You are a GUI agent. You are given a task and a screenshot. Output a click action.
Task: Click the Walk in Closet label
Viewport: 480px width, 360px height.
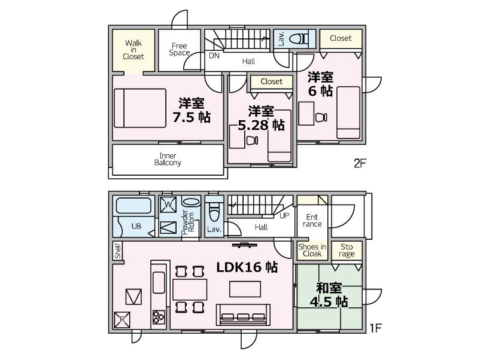[x=133, y=50]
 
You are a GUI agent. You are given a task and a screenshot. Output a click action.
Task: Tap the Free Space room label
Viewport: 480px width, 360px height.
[x=180, y=49]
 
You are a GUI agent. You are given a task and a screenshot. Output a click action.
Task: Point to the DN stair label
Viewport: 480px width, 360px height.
[x=214, y=56]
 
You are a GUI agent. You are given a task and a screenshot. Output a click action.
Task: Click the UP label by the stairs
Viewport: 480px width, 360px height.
[x=284, y=216]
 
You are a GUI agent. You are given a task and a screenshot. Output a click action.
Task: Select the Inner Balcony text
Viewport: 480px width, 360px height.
[x=168, y=159]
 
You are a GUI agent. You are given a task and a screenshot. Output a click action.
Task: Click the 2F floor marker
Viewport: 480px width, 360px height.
[x=360, y=163]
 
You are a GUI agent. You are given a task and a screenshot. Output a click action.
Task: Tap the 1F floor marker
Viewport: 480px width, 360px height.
[x=375, y=328]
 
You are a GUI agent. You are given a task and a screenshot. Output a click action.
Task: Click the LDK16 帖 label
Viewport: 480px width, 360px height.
[x=247, y=267]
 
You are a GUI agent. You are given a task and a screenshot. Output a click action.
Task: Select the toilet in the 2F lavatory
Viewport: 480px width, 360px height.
[x=299, y=39]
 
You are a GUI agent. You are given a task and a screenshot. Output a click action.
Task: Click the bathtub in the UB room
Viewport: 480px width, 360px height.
[x=134, y=206]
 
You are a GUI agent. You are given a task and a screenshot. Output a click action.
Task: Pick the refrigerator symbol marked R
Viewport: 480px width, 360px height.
[x=122, y=319]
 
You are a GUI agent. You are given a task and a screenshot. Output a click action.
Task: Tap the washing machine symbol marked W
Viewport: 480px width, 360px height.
[x=168, y=205]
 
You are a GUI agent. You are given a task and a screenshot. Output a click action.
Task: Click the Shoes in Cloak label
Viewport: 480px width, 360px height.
[x=312, y=250]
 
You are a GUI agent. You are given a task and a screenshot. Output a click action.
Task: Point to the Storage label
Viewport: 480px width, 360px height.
[x=347, y=250]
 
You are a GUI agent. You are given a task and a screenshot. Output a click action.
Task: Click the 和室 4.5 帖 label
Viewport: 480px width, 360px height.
[x=329, y=295]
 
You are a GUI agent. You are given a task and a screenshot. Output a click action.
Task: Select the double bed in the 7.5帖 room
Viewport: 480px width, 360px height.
[x=140, y=108]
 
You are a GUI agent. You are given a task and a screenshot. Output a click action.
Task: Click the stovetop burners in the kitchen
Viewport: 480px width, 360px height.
[x=159, y=317]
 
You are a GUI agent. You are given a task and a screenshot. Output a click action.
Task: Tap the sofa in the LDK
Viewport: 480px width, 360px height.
[x=243, y=315]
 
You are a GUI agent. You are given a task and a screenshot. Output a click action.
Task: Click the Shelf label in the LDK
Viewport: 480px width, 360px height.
[x=118, y=251]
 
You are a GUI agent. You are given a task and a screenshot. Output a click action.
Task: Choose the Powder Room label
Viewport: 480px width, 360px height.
[x=188, y=222]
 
